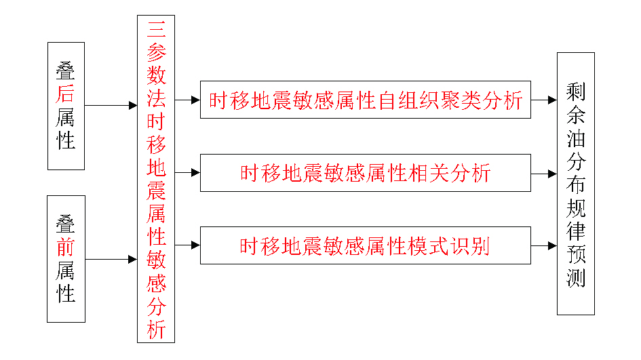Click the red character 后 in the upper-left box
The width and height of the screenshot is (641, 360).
(66, 94)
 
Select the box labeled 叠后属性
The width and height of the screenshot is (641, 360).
(66, 106)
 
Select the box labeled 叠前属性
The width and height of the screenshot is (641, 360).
(66, 259)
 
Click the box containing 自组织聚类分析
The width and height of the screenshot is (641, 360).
(365, 100)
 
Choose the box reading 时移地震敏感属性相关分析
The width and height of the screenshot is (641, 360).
(365, 173)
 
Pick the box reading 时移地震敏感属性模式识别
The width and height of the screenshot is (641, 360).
(365, 245)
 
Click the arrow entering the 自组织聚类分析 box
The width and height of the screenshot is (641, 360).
(188, 100)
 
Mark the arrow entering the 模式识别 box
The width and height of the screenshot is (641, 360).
(188, 245)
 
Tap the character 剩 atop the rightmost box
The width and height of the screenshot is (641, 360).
(576, 91)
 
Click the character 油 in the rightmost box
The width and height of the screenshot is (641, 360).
(576, 138)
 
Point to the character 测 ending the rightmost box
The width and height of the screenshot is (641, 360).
(576, 278)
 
